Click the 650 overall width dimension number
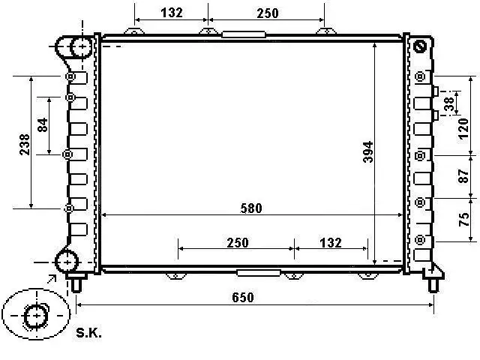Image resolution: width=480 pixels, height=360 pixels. pos(243,297)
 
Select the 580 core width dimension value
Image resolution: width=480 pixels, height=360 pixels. pos(251,208)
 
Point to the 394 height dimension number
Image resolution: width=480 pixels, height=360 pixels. pos(368,151)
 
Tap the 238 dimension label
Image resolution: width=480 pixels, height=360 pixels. pos(25,144)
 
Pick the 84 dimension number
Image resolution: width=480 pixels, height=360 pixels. pos(43,124)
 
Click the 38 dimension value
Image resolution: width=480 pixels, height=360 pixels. pos(448,103)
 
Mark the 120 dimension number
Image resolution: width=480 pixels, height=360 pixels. pos(463,129)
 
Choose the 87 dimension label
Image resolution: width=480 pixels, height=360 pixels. pos(463,176)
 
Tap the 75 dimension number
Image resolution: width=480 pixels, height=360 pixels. pos(464,219)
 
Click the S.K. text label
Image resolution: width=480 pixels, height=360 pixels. pos(88,332)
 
